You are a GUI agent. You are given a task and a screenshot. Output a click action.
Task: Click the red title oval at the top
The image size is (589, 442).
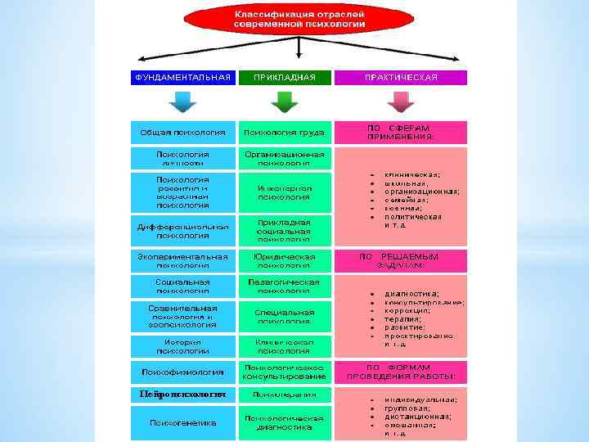[x=298, y=21]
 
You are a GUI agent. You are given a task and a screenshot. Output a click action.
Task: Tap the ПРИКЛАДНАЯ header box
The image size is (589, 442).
[x=284, y=78]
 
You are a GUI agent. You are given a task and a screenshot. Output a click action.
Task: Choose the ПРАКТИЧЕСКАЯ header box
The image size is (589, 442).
[x=401, y=78]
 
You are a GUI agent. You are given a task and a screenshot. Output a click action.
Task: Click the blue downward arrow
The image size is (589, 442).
[x=182, y=101]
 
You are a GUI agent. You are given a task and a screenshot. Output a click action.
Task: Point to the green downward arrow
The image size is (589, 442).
[x=284, y=101]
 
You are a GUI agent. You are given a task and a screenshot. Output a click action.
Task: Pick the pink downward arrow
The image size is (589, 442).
[x=401, y=101]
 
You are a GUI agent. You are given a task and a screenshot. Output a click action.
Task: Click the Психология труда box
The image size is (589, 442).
[x=284, y=133]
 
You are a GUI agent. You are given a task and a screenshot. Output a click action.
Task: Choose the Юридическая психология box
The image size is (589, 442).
[x=284, y=260]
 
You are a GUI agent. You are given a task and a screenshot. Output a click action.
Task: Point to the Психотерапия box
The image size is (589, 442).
[x=284, y=395]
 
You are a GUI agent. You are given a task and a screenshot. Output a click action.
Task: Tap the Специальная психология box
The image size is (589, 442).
[x=284, y=317]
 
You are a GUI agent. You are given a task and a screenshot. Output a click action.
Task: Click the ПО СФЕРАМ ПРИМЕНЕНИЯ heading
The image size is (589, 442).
[x=401, y=133]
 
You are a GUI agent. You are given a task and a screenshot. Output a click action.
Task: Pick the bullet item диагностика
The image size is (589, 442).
[x=412, y=293]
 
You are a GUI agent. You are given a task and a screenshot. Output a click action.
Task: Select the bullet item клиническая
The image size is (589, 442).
[x=412, y=174]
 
